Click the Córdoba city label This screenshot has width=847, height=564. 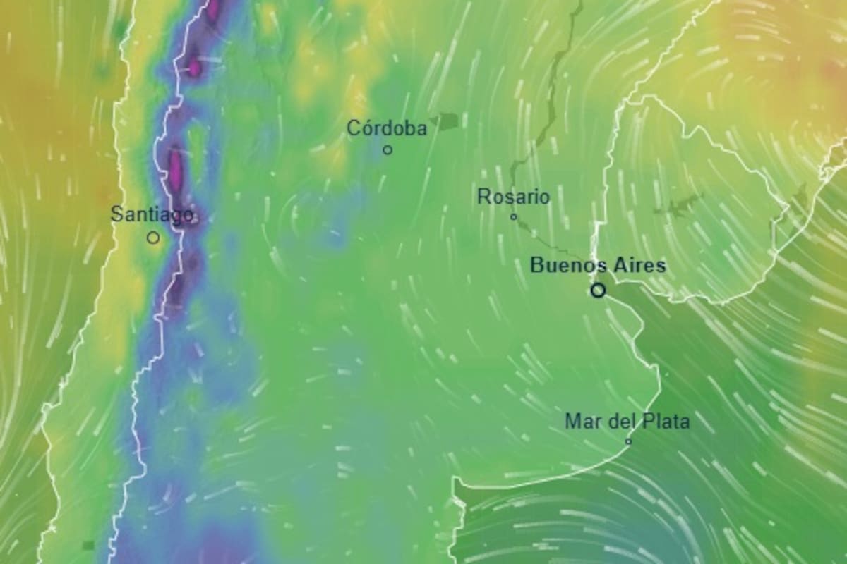387,129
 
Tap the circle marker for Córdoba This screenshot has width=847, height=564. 388,149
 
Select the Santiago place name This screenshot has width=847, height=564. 152,214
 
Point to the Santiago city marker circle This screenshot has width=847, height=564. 153,238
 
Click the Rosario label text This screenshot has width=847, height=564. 513,197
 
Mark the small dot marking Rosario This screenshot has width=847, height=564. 514,216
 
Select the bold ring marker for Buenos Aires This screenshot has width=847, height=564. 598,290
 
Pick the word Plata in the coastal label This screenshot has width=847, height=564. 666,422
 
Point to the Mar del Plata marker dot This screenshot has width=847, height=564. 628,441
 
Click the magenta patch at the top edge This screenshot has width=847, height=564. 213,8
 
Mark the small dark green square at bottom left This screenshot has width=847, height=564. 88,545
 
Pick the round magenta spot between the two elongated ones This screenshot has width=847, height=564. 193,68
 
